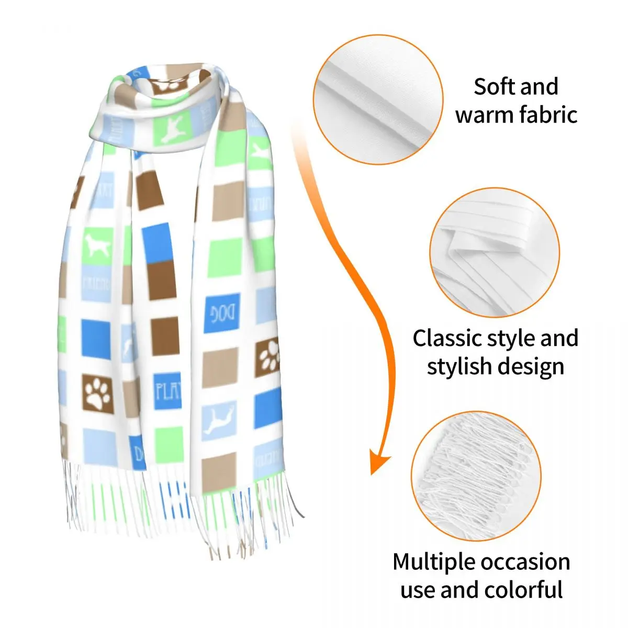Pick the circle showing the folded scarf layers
click(495, 253)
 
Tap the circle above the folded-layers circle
click(378, 99)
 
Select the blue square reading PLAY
click(167, 390)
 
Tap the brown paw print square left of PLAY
click(98, 393)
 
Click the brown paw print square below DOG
click(267, 359)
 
